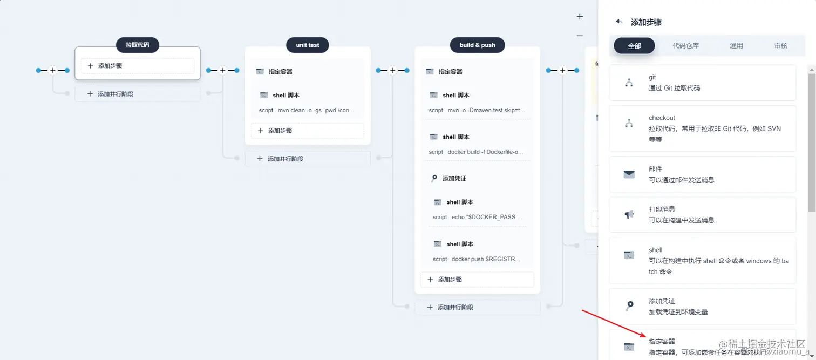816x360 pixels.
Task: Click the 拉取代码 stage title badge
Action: coord(138,45)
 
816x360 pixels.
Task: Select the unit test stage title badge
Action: coord(308,45)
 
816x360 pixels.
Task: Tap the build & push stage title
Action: coord(477,45)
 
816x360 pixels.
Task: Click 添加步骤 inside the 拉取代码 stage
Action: coord(138,66)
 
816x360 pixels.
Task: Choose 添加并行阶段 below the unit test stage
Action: coord(308,159)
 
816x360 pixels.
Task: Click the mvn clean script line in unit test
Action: coord(307,110)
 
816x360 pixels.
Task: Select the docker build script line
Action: coord(477,152)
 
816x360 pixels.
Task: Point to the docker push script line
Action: coord(477,259)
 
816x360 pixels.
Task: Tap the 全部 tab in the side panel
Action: coord(634,46)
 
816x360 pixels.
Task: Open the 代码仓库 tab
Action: coord(685,46)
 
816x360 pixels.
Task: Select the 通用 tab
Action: coord(736,46)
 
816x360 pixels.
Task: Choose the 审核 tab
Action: coord(780,46)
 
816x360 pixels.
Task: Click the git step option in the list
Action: coord(702,83)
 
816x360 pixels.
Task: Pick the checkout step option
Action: coord(702,128)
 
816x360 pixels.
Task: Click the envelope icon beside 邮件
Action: coord(629,174)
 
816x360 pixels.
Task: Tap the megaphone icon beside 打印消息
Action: coord(629,215)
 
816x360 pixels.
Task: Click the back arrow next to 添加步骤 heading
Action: coord(619,22)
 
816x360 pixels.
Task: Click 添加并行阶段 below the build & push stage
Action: coord(477,307)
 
